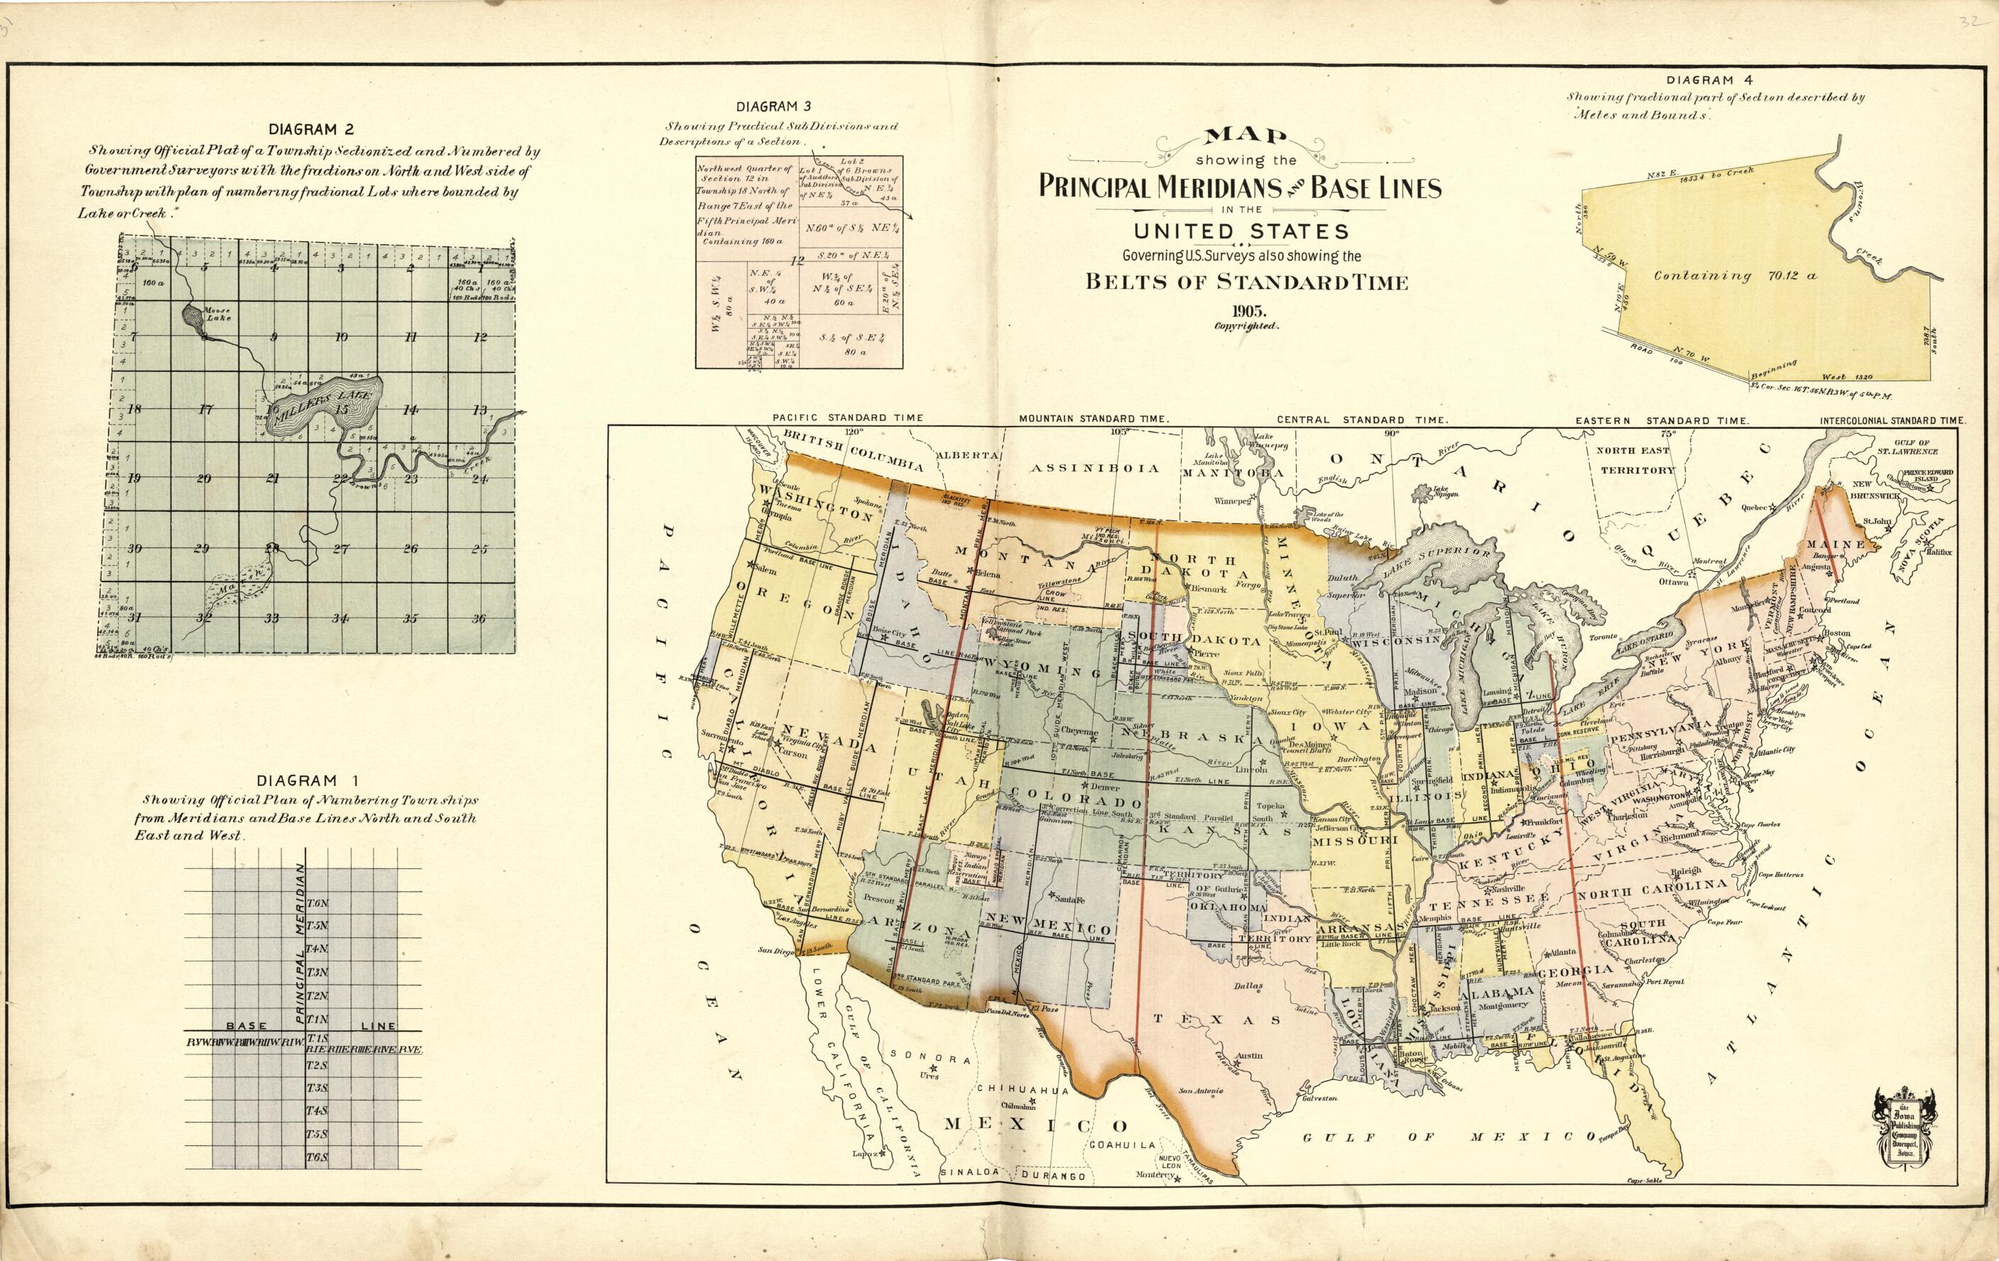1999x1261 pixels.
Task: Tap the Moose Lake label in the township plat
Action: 217,314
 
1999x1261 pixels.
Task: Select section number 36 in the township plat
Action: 478,618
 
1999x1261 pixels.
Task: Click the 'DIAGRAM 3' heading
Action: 773,107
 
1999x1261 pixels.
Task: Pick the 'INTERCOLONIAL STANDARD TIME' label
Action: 1892,421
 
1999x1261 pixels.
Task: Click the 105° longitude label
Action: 1120,432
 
